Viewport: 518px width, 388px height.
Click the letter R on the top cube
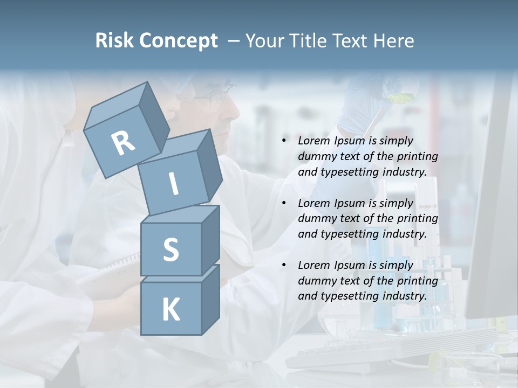pos(123,143)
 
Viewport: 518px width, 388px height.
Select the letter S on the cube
pos(171,250)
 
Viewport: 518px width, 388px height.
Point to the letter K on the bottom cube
pos(171,310)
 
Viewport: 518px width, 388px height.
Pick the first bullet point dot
pos(284,141)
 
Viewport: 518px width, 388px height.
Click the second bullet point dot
pos(284,204)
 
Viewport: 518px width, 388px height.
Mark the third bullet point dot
pos(284,266)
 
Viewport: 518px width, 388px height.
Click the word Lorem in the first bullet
pos(312,141)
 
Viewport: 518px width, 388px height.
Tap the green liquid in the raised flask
pos(400,98)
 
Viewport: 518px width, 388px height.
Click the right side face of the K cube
pos(210,299)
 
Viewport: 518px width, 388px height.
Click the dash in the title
pos(234,41)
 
